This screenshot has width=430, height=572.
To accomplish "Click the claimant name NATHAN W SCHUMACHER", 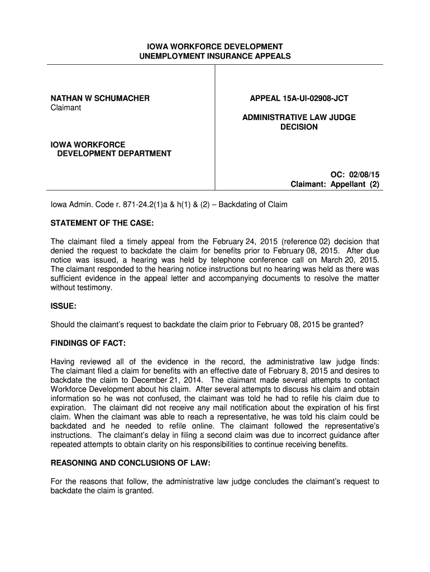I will (x=100, y=98).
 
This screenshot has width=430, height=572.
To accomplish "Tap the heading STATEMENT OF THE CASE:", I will (x=102, y=223).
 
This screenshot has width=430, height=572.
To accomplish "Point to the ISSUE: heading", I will (x=64, y=307).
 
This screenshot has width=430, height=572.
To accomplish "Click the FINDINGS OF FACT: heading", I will (x=88, y=342).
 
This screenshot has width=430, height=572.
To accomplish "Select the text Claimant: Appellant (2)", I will (x=335, y=184).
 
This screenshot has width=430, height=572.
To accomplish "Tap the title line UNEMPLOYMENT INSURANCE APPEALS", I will (x=215, y=56).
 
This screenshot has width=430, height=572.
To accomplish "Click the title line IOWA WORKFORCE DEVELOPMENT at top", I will (x=215, y=46).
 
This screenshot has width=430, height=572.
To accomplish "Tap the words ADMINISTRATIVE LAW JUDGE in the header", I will (x=299, y=117).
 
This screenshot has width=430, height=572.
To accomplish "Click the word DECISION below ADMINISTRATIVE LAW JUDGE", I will (x=299, y=127).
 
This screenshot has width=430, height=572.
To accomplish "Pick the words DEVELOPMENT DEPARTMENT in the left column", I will (x=114, y=154).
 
